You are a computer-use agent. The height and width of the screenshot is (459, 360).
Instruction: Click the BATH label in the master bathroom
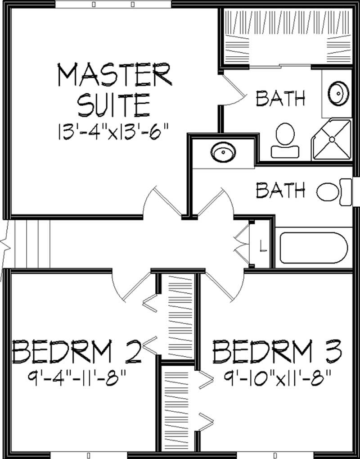(x=281, y=98)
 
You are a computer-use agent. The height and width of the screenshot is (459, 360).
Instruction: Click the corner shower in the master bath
(x=332, y=140)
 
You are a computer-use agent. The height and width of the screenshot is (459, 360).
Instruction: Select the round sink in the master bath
(x=338, y=93)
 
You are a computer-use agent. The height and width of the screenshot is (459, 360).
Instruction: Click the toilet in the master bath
(x=284, y=140)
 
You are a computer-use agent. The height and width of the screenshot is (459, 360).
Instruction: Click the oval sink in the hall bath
(x=223, y=152)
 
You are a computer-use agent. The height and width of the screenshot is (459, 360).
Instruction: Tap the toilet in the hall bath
(x=333, y=192)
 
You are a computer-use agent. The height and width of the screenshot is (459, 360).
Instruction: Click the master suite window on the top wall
(x=113, y=5)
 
